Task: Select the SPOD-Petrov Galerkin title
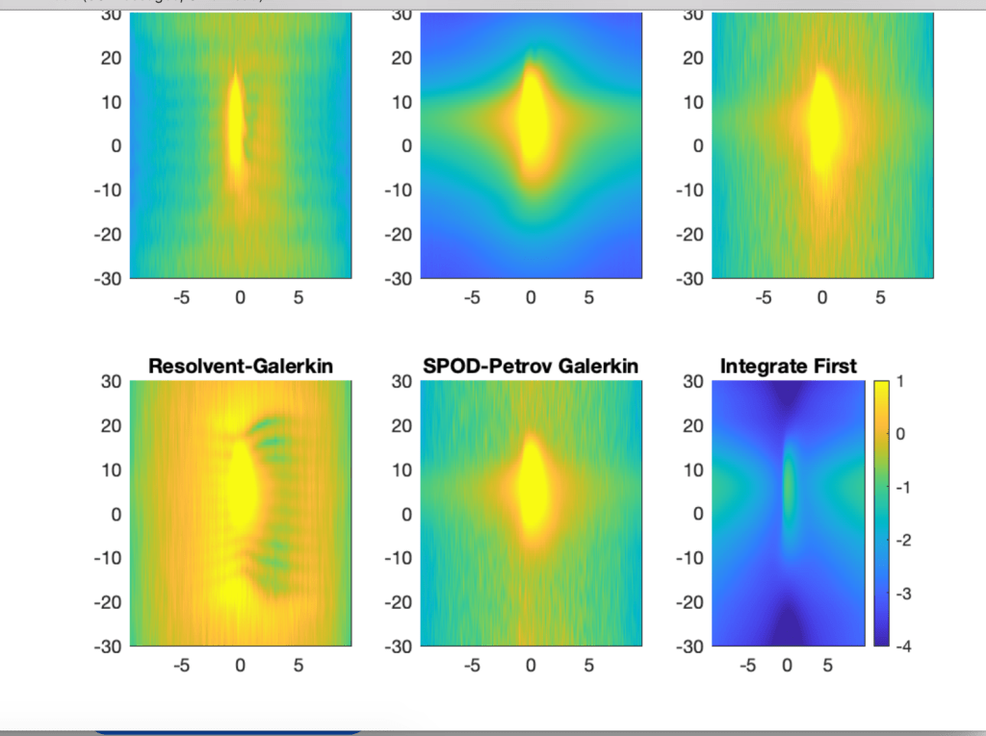(531, 366)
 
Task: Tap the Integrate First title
(788, 366)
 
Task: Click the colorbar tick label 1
(902, 382)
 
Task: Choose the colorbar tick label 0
(902, 435)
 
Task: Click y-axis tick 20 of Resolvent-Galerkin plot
(112, 425)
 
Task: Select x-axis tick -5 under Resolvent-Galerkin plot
(182, 665)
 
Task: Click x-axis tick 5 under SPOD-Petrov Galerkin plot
(589, 665)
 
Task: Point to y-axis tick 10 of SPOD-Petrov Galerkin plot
(402, 470)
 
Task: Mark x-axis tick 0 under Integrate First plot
(788, 665)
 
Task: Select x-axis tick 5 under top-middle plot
(589, 298)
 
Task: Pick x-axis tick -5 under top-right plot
(764, 298)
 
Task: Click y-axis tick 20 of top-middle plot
(402, 58)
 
